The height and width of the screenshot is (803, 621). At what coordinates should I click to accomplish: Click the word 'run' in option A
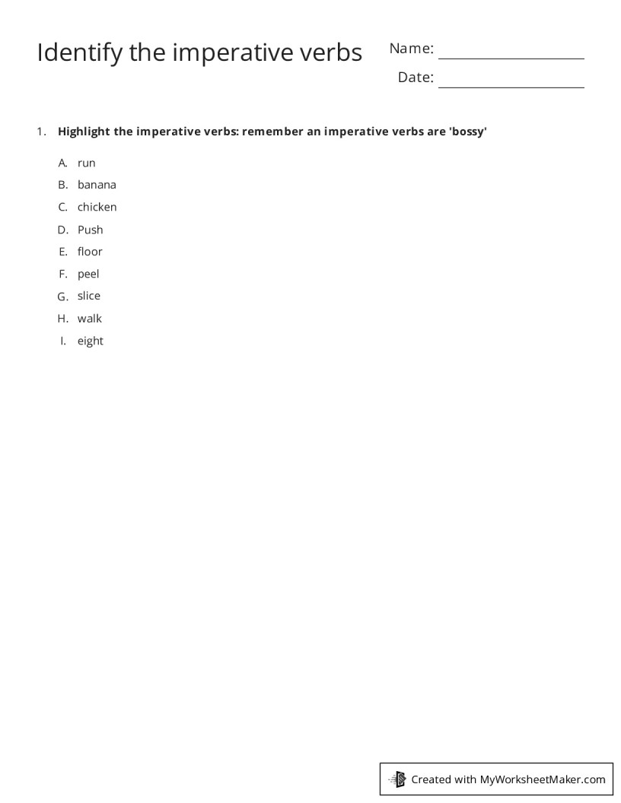pos(86,163)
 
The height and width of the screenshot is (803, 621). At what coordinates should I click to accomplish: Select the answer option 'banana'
pos(97,185)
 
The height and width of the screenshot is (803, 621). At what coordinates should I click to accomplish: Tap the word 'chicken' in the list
pos(97,207)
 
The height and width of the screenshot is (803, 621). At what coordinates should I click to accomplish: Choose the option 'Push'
pos(90,230)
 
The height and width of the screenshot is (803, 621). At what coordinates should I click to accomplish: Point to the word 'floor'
pos(90,252)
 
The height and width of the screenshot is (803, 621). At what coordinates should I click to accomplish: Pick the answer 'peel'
pos(88,274)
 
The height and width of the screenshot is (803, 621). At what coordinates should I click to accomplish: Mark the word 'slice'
pos(88,296)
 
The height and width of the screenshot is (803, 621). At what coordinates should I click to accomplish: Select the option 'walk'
pos(89,319)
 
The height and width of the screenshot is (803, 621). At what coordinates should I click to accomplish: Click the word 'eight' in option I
pos(90,341)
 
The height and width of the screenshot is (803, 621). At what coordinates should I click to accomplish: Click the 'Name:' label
pos(411,49)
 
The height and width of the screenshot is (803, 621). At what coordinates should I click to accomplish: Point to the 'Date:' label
pos(416,78)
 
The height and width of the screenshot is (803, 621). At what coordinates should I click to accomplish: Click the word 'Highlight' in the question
pos(84,132)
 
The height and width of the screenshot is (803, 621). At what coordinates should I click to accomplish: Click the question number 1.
pos(40,132)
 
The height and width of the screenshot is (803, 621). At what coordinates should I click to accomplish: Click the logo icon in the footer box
pos(397,779)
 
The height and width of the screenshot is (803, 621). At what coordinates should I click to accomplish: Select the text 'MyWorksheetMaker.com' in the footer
pos(543,779)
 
